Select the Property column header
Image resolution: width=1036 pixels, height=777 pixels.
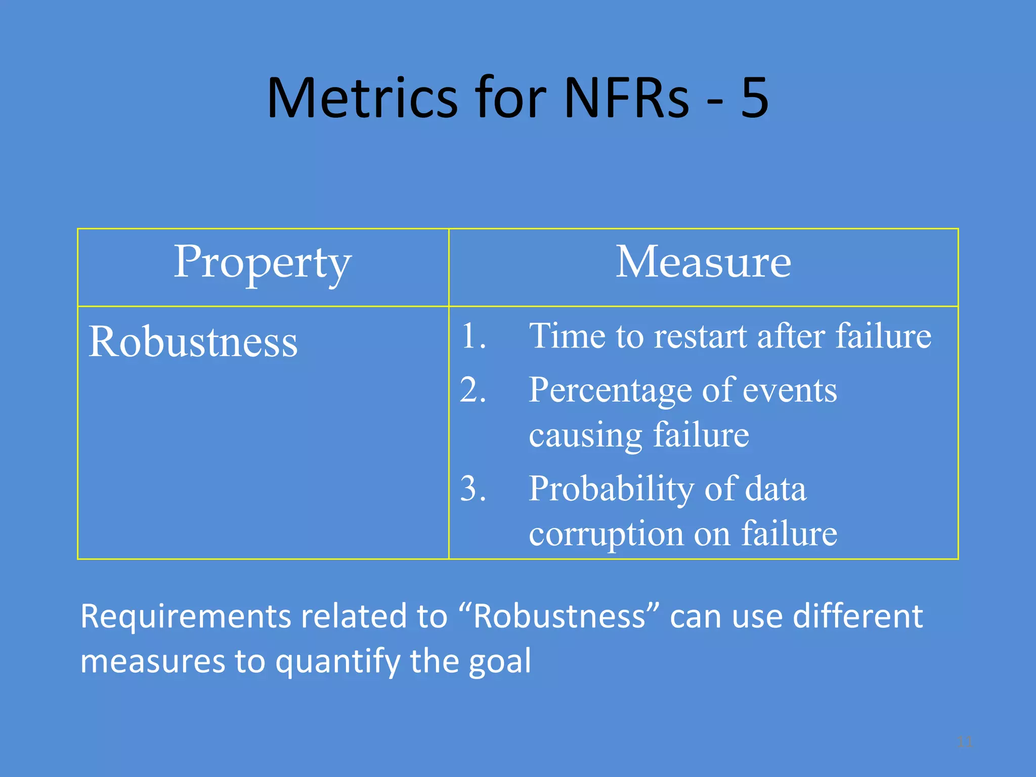[x=263, y=263]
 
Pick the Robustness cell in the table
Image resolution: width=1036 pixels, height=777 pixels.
[x=193, y=342]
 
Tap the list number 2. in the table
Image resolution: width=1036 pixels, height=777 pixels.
[x=473, y=390]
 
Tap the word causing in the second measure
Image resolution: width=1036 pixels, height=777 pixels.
[x=585, y=436]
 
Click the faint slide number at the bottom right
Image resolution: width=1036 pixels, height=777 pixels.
[x=965, y=742]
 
